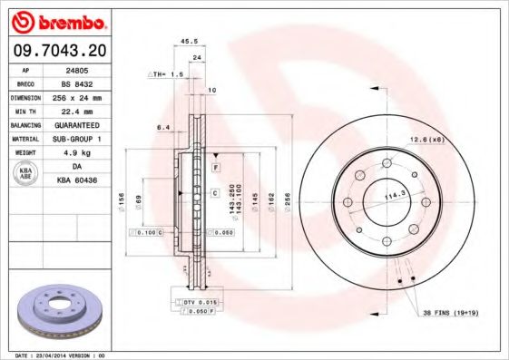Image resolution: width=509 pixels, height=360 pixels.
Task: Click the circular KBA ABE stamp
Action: [27, 175]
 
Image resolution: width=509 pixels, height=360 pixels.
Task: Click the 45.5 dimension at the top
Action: [189, 41]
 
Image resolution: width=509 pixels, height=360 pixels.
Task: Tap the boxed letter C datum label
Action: [216, 193]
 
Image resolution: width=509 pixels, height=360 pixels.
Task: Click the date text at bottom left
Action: [62, 355]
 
